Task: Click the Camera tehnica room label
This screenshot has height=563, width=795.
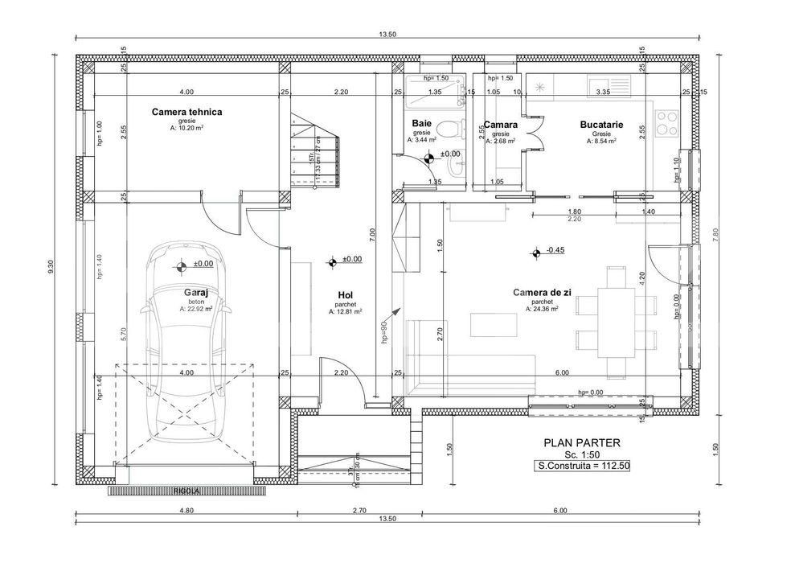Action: coord(186,112)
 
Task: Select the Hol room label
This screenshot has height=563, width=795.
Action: coord(345,295)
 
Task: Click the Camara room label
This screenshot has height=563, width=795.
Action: coord(500,125)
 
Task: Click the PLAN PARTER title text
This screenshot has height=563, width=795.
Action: coord(582,442)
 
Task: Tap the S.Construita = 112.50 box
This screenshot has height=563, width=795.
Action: coord(583,466)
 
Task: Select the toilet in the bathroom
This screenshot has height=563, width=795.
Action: coord(457,127)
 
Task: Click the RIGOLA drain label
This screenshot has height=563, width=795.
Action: coord(186,490)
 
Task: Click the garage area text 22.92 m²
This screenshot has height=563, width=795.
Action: coord(197,309)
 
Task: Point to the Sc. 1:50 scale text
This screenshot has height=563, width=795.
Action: coord(582,454)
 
